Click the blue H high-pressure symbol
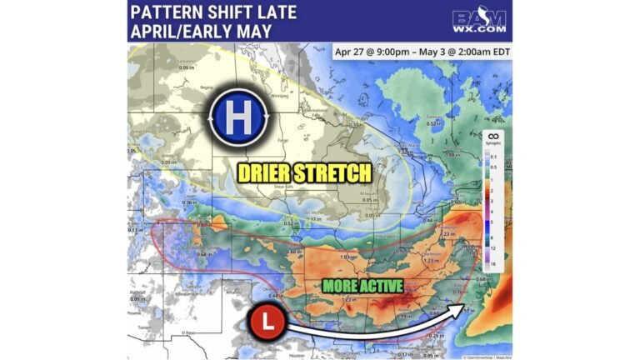237,117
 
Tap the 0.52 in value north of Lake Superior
433,123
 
